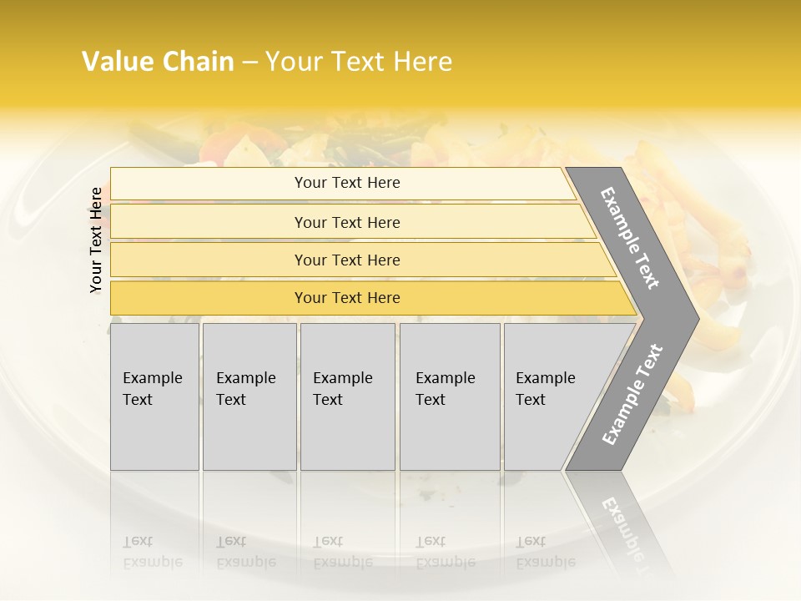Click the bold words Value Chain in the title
tap(158, 62)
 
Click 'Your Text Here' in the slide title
tap(359, 62)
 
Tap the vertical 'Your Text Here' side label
tap(96, 240)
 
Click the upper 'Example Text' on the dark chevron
tap(630, 238)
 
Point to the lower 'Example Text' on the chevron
tap(632, 395)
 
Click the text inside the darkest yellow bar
tap(347, 298)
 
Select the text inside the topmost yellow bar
tap(347, 183)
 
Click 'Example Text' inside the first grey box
tap(152, 389)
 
